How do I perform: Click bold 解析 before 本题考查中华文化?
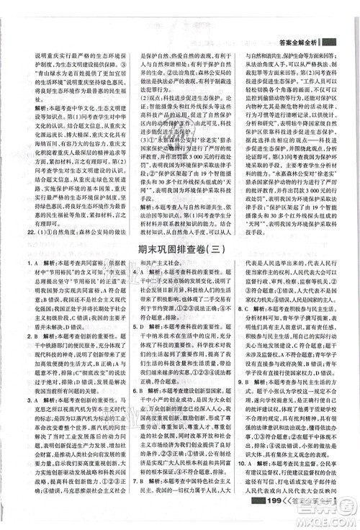[36, 107]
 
